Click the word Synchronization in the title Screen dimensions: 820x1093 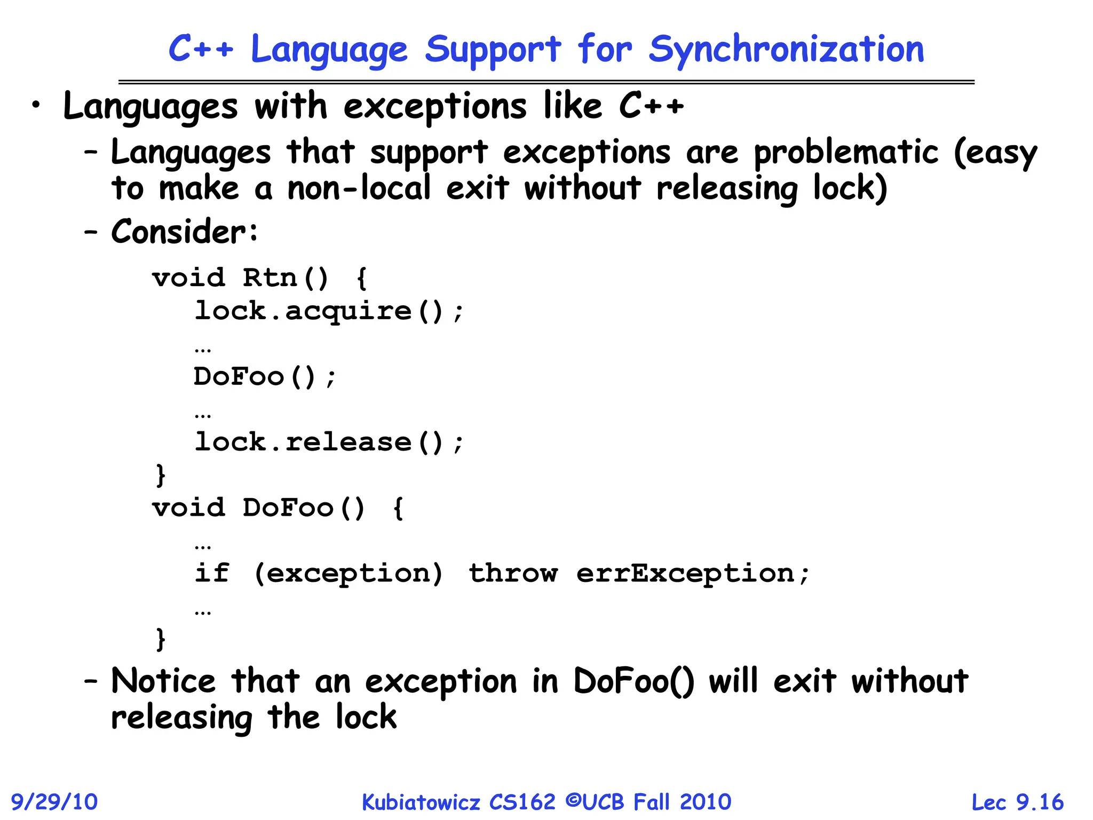click(x=786, y=50)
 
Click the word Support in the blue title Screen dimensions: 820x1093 click(x=493, y=50)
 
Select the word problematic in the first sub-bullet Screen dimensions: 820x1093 click(x=846, y=152)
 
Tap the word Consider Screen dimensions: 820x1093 click(x=179, y=232)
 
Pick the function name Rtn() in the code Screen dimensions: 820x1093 click(x=286, y=278)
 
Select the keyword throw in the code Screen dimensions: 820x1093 click(x=513, y=574)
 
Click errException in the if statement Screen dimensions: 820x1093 click(x=686, y=574)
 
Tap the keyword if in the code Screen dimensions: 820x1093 click(x=212, y=573)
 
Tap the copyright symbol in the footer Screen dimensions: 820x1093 click(x=573, y=801)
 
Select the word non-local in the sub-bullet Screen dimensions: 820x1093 click(x=359, y=188)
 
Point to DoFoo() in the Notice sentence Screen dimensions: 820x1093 click(x=633, y=682)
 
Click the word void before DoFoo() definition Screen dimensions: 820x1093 click(x=188, y=508)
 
